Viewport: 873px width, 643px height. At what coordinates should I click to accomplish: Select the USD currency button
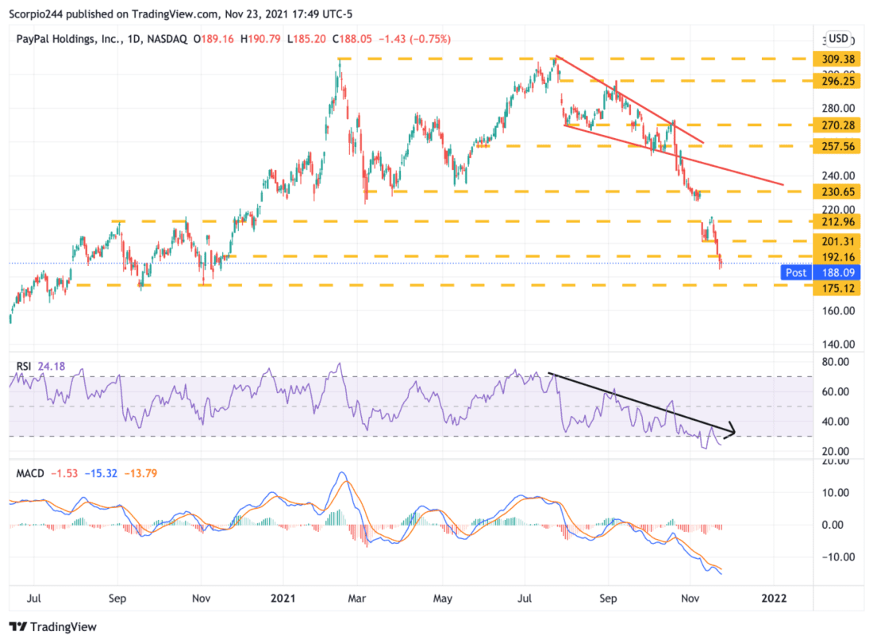tap(837, 38)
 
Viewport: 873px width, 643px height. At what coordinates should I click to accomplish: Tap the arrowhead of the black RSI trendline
tap(733, 433)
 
